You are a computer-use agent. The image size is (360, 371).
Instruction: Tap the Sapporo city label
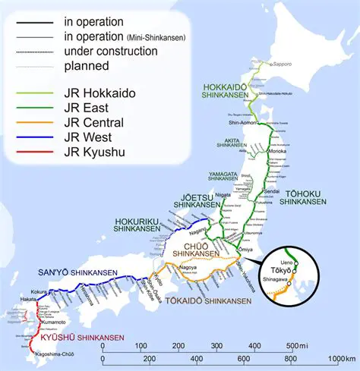(x=282, y=64)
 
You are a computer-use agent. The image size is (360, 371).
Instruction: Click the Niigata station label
(x=223, y=195)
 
